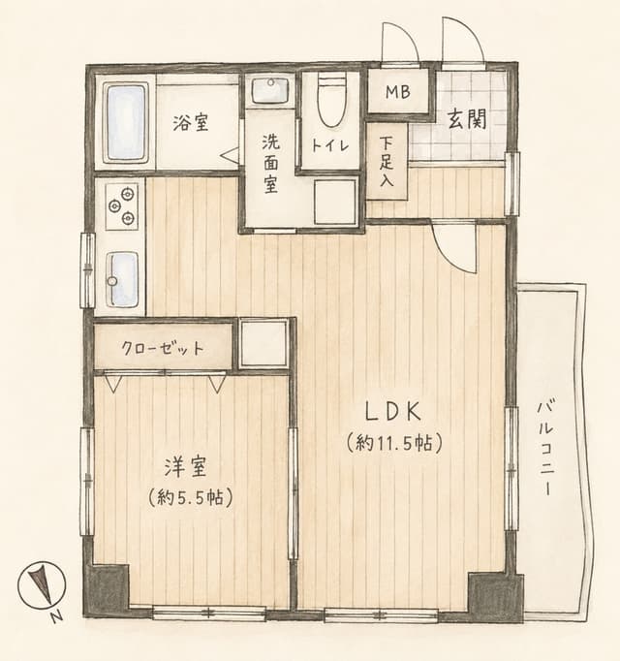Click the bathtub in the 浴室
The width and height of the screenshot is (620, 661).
126,123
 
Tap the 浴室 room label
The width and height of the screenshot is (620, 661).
191,123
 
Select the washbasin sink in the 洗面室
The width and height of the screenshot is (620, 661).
270,91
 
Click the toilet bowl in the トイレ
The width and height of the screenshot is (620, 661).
331,100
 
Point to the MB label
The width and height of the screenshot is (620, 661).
398,92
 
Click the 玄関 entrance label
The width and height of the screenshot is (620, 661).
467,119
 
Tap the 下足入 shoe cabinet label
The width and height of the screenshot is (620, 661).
387,162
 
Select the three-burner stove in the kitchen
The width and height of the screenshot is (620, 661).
122,205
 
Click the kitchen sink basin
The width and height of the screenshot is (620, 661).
122,279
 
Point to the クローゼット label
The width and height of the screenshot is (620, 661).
163,349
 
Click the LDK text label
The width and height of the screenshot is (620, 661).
392,412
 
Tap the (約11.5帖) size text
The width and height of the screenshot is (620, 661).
394,443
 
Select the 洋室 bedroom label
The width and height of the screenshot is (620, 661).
185,467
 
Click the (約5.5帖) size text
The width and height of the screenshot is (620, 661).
191,498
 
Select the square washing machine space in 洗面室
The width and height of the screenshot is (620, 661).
335,203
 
